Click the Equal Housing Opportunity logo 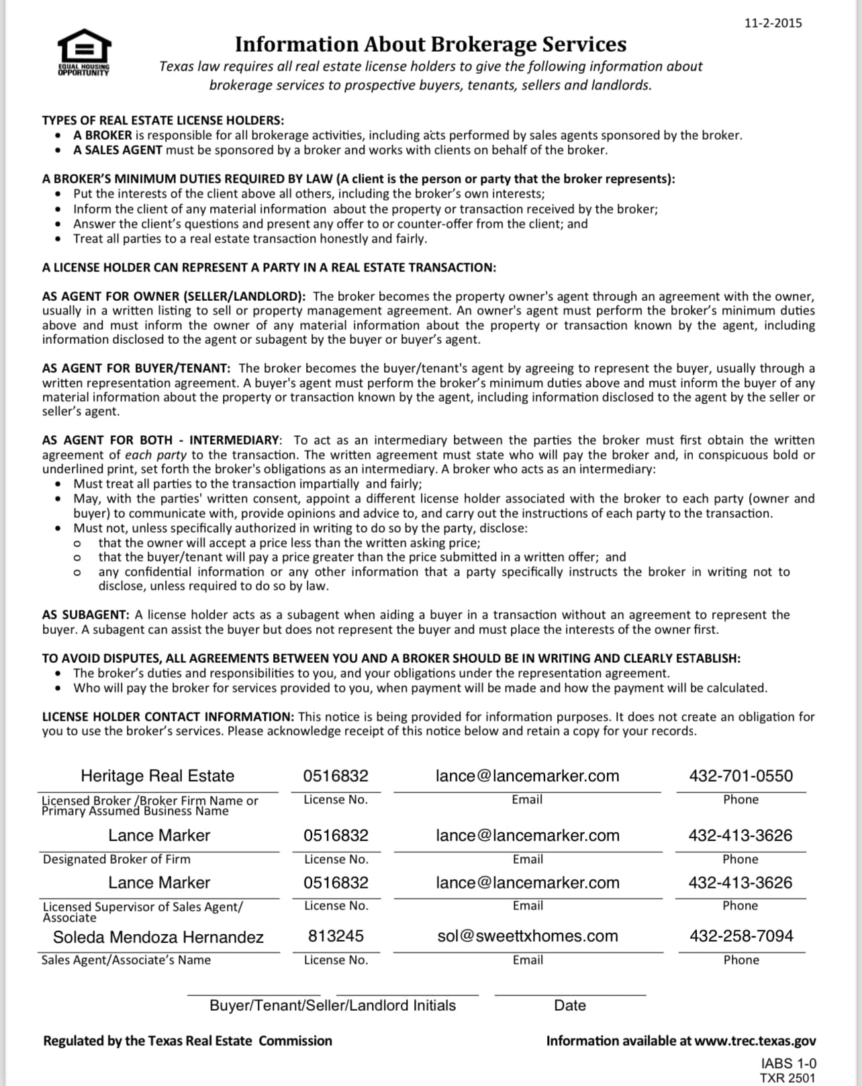[84, 51]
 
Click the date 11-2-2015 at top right [773, 23]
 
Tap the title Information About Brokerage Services [430, 44]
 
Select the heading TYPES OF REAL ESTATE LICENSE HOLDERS [162, 120]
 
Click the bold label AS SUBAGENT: [85, 615]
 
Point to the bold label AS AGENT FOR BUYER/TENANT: [136, 368]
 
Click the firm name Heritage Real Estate [158, 776]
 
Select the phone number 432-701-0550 [740, 776]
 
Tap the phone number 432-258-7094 [741, 936]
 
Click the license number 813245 [336, 936]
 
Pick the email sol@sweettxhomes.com [528, 936]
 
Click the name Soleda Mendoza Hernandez [158, 937]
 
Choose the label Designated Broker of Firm [117, 859]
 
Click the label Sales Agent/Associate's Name [126, 960]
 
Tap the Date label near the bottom [570, 1005]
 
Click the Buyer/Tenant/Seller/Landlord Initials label [332, 1005]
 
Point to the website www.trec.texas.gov [755, 1040]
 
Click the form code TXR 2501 [787, 1077]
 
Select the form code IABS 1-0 [789, 1063]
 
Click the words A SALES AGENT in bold [117, 150]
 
